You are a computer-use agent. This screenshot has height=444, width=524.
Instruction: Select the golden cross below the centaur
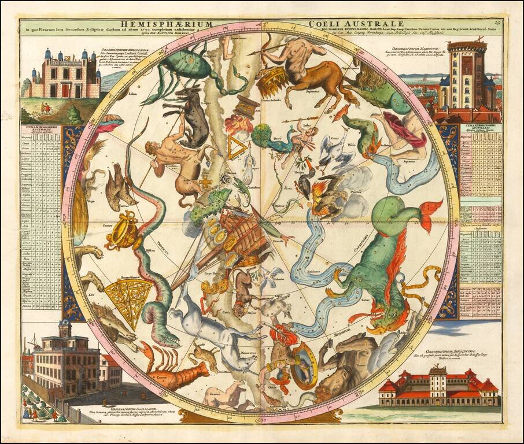point(205,182)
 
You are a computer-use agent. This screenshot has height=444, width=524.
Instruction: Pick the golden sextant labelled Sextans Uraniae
point(129,295)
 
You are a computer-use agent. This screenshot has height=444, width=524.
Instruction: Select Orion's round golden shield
point(304,365)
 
